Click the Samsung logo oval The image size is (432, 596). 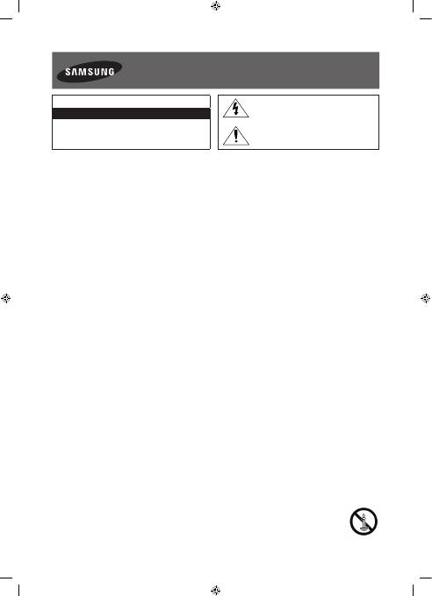(90, 72)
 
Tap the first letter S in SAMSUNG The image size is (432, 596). (68, 72)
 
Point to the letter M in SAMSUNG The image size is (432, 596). (81, 72)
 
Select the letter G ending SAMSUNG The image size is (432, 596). (111, 72)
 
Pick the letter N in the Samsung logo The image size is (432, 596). (103, 72)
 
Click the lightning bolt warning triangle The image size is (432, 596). (236, 109)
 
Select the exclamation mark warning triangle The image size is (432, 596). (236, 136)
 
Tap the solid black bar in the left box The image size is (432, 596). (131, 114)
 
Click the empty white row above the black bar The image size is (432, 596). (131, 102)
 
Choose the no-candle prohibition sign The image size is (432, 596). (364, 521)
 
